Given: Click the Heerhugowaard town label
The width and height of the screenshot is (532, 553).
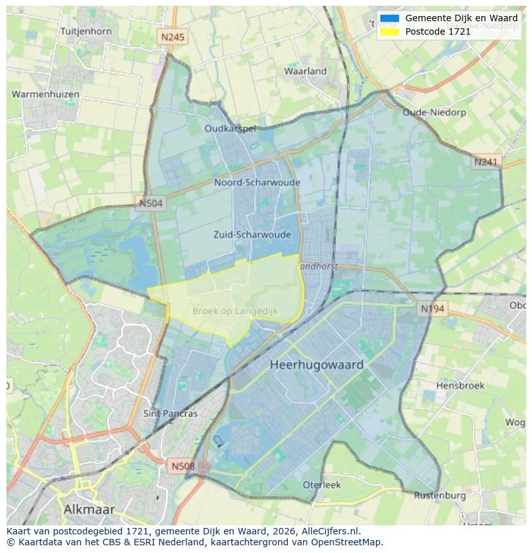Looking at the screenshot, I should [x=317, y=365].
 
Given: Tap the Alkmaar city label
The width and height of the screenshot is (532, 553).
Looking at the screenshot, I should [x=89, y=509].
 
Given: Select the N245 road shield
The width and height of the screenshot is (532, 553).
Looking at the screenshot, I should [x=172, y=37].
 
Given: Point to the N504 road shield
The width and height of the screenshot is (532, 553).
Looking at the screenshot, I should [x=152, y=204].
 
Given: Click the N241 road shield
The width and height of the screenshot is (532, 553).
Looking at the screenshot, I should [x=486, y=162].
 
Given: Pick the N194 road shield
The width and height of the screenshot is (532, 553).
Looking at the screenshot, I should [x=432, y=309].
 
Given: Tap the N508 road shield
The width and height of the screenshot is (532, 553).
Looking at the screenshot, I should [x=183, y=465].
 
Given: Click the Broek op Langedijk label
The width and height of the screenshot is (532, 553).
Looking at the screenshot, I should [x=235, y=311].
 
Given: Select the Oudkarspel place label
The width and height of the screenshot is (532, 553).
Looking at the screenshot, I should [x=230, y=128].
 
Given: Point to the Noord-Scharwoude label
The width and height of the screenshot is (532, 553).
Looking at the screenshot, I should [x=257, y=182].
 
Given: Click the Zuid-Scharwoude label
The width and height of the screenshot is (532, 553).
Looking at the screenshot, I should [x=253, y=234].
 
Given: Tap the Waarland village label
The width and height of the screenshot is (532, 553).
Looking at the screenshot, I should [x=306, y=71].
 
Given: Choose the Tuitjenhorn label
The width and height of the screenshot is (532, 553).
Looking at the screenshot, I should [x=85, y=31].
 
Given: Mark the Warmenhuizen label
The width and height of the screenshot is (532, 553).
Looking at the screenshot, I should [x=46, y=94].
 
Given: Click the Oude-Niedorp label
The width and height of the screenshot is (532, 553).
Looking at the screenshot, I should [x=433, y=112].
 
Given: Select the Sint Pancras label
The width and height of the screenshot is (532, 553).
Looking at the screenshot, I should [x=170, y=414].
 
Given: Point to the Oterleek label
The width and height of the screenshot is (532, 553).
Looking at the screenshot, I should [x=322, y=485].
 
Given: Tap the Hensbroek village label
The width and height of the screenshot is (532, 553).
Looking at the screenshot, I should [x=460, y=385].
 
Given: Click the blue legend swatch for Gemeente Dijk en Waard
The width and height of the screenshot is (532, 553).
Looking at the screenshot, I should [x=389, y=19].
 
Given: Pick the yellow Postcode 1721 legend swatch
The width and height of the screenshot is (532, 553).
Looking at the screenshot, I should [x=389, y=31].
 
